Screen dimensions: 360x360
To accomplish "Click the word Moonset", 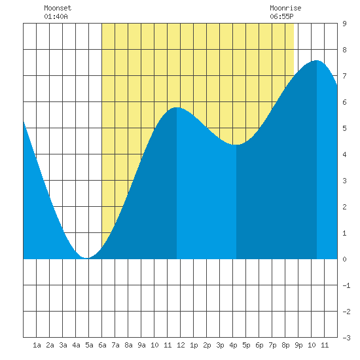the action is pyautogui.click(x=58, y=8).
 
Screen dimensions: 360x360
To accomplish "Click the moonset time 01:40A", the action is pyautogui.click(x=56, y=16).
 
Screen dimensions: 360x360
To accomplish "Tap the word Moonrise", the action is pyautogui.click(x=285, y=8).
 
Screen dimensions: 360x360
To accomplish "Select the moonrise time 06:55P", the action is pyautogui.click(x=281, y=16).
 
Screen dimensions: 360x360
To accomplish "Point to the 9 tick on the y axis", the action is pyautogui.click(x=344, y=24).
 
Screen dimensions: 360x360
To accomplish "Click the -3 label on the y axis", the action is pyautogui.click(x=346, y=338).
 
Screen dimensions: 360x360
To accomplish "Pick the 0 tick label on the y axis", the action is pyautogui.click(x=344, y=259).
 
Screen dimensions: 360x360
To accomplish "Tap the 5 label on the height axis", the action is pyautogui.click(x=344, y=128).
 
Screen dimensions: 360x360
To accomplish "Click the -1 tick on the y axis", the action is pyautogui.click(x=346, y=285).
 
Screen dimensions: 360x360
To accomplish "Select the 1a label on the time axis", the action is pyautogui.click(x=37, y=345).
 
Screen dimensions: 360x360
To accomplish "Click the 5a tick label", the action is pyautogui.click(x=89, y=345).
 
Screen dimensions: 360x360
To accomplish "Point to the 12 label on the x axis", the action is pyautogui.click(x=181, y=345).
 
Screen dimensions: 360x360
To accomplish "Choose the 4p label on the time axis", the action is pyautogui.click(x=233, y=345).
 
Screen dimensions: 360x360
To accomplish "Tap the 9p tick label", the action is pyautogui.click(x=298, y=345).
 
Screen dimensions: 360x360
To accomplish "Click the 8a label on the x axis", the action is pyautogui.click(x=128, y=345).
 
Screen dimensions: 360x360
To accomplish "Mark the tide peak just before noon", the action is pyautogui.click(x=177, y=107).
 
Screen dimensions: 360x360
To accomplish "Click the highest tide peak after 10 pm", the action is pyautogui.click(x=317, y=60).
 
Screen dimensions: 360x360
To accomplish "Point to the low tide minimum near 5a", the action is pyautogui.click(x=86, y=258).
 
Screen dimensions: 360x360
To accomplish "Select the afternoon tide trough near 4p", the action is pyautogui.click(x=236, y=145).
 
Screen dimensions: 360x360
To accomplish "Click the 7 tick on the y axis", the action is pyautogui.click(x=344, y=76).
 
